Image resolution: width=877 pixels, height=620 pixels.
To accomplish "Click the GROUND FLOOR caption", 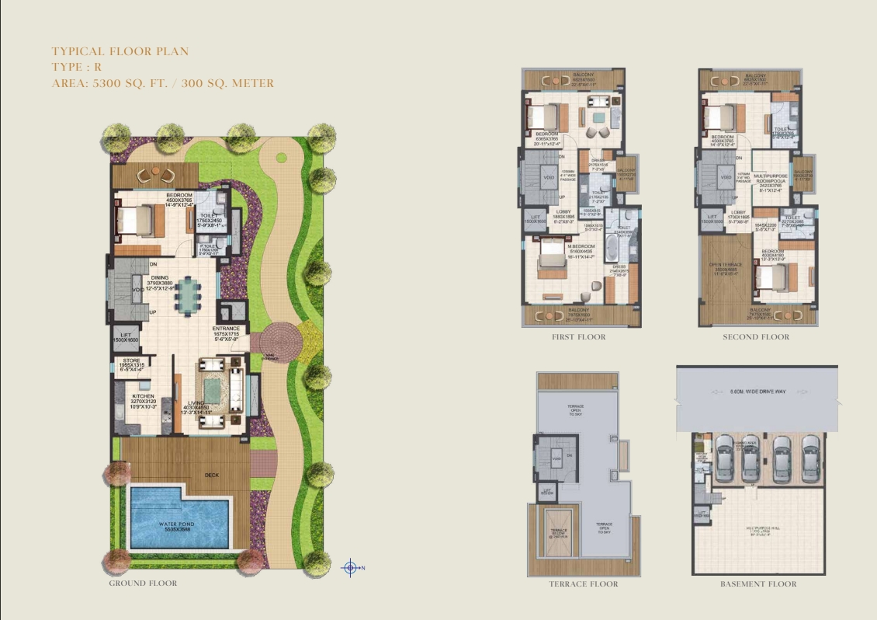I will pos(143,583).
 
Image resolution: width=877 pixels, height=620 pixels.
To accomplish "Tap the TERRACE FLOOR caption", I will pos(583,583).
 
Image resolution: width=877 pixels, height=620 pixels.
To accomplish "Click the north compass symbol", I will pos(350,568).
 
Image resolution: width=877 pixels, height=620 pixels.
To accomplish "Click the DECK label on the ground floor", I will pos(212,475).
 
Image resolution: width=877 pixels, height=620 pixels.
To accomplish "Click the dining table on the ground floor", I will pos(187,295).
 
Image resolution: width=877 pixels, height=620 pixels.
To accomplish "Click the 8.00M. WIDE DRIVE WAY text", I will pos(758,392).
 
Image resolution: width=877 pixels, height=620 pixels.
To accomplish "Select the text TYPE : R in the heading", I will pos(76,68).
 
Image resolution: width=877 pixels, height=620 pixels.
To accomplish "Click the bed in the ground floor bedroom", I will pos(140,221).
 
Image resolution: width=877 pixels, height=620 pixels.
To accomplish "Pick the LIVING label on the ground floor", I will pos(195,402).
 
